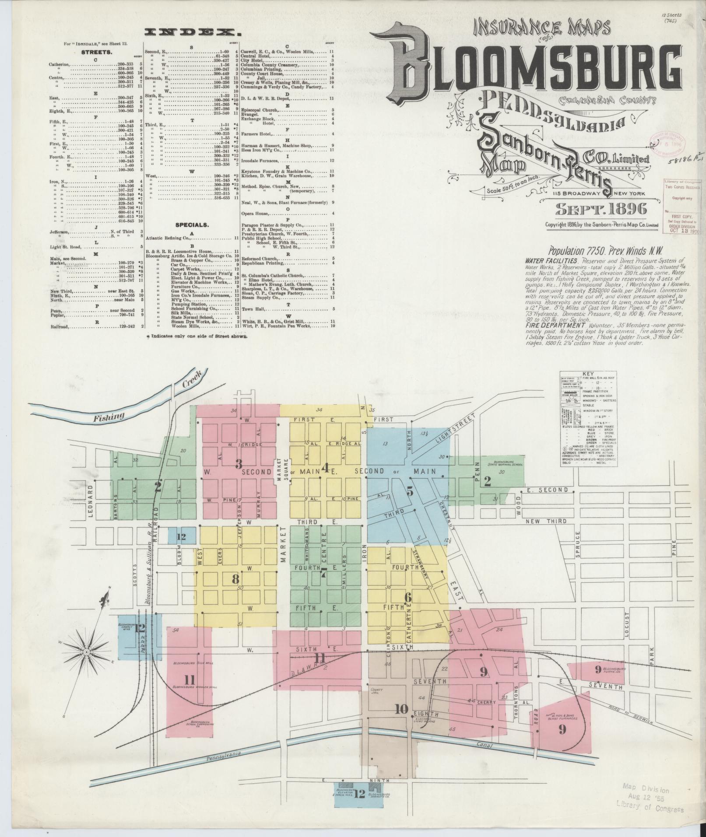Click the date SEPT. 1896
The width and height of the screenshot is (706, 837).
(601, 210)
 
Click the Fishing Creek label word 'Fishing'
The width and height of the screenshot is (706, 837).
(109, 417)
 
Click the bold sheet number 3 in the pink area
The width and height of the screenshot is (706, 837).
(239, 464)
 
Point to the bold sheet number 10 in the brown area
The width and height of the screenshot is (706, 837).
(401, 709)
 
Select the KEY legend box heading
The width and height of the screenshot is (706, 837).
(589, 374)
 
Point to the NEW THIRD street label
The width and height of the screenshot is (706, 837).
(546, 521)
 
